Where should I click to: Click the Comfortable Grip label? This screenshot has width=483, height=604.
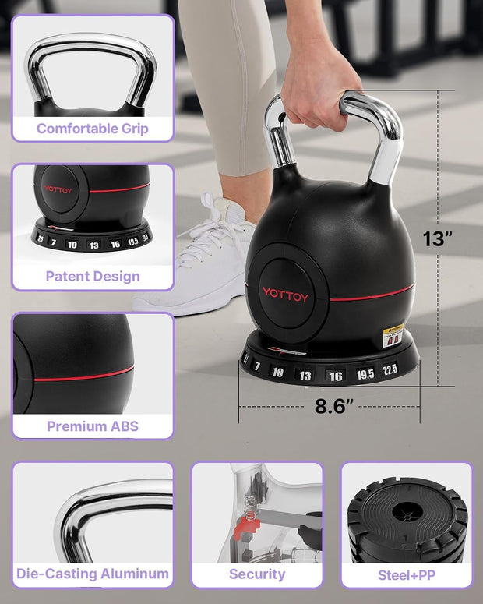point(92,129)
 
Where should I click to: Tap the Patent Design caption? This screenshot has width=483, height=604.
point(93,276)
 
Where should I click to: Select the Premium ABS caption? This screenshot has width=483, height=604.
point(93,426)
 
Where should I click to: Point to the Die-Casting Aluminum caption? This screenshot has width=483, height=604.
point(93,574)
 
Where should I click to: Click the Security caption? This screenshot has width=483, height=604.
point(256,574)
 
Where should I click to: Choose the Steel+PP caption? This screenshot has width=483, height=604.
point(406,574)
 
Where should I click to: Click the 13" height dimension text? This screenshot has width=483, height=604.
point(438,238)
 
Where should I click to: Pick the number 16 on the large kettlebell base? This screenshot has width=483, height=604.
point(335,376)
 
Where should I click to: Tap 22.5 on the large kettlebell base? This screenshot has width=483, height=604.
point(390,369)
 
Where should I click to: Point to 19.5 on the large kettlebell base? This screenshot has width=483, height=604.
point(365,374)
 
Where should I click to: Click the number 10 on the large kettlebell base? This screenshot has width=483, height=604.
point(278,372)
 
